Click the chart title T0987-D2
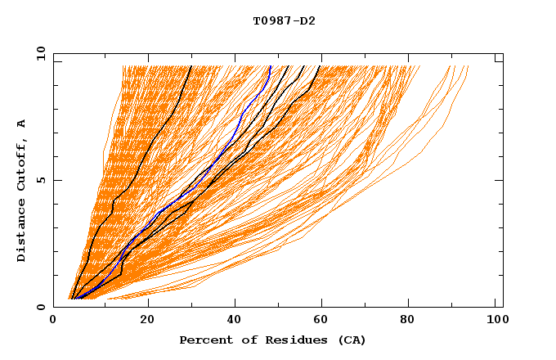coord(284,20)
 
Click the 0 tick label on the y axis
coord(40,307)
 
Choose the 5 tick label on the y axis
coord(40,180)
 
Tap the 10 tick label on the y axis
coord(38,52)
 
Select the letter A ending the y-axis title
coord(21,124)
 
